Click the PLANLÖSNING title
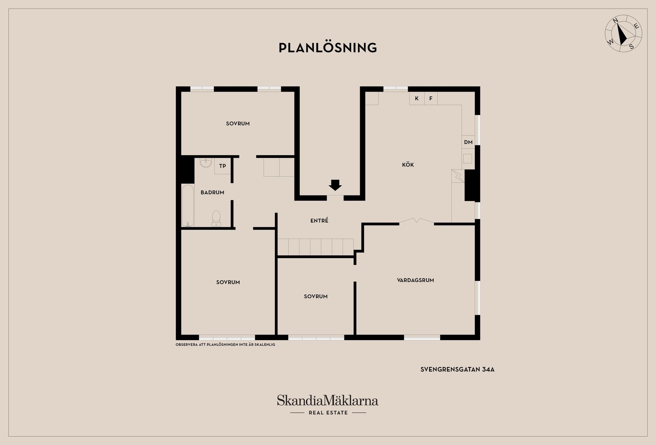click(328, 48)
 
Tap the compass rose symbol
click(624, 33)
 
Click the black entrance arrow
click(335, 185)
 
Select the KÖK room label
click(408, 165)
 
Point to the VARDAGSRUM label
click(415, 280)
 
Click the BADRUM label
click(213, 192)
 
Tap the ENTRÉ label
click(319, 221)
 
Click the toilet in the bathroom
click(216, 218)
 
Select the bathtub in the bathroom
click(188, 206)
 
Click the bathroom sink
click(206, 163)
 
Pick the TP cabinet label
click(222, 166)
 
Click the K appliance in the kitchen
click(417, 98)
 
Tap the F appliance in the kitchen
click(431, 98)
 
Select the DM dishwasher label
click(468, 142)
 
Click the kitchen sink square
click(467, 159)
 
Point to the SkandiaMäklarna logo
click(328, 401)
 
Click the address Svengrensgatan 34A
click(457, 369)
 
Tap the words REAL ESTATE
click(328, 413)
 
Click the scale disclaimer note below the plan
click(225, 345)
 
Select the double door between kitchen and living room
click(416, 221)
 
